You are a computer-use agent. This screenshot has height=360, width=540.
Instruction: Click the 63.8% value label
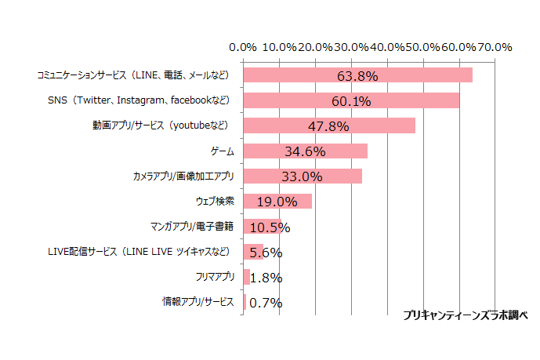pyautogui.click(x=357, y=76)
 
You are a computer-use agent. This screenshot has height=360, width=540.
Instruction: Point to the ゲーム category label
pyautogui.click(x=223, y=151)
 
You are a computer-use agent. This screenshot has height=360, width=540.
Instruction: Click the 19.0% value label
pyautogui.click(x=277, y=202)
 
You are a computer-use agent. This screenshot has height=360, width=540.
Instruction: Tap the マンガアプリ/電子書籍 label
pyautogui.click(x=192, y=227)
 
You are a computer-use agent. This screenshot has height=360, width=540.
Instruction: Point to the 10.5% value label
pyautogui.click(x=270, y=227)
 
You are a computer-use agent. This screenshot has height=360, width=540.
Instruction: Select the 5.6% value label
pyautogui.click(x=266, y=253)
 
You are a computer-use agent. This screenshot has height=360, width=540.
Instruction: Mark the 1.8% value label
pyautogui.click(x=266, y=278)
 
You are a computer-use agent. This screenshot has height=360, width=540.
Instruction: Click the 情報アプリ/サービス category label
pyautogui.click(x=198, y=302)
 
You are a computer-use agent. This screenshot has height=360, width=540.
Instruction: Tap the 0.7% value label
pyautogui.click(x=266, y=303)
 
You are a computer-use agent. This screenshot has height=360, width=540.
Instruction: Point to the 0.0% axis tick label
pyautogui.click(x=245, y=47)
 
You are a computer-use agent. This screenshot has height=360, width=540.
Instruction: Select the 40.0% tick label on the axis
pyautogui.click(x=387, y=47)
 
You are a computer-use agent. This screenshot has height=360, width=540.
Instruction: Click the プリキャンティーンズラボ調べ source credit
pyautogui.click(x=466, y=315)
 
